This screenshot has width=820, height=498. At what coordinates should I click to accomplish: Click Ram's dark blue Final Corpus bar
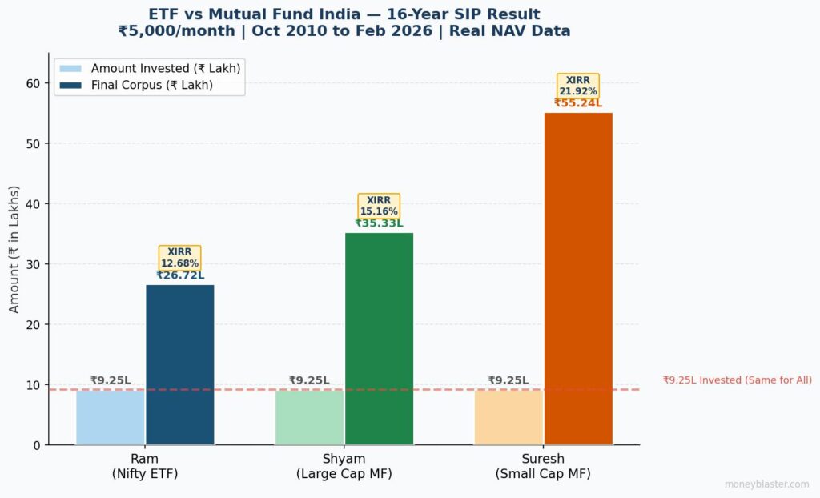[180, 364]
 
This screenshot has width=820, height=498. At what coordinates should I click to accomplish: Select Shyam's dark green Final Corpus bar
[379, 339]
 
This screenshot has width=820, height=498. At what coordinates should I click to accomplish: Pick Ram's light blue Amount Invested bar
[111, 417]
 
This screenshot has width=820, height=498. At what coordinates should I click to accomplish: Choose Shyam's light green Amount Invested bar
[309, 417]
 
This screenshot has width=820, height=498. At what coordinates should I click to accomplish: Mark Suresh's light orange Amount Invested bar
[508, 417]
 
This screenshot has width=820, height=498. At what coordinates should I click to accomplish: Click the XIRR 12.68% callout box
[179, 258]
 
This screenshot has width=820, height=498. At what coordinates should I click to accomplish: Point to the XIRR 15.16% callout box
[379, 206]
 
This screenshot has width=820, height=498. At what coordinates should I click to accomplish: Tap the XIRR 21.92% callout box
[578, 86]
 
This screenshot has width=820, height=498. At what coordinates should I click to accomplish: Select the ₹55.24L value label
[578, 103]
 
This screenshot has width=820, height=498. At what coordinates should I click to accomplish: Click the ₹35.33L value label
[379, 223]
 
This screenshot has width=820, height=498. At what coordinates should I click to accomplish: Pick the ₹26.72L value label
[179, 275]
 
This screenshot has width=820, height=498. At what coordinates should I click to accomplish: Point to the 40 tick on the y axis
[34, 204]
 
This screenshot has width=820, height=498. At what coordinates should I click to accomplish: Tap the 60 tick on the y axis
[34, 83]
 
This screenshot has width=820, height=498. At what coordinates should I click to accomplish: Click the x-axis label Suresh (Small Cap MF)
[542, 466]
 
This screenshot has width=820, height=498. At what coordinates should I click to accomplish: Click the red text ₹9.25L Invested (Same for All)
[737, 380]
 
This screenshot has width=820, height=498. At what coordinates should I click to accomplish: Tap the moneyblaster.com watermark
[766, 484]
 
